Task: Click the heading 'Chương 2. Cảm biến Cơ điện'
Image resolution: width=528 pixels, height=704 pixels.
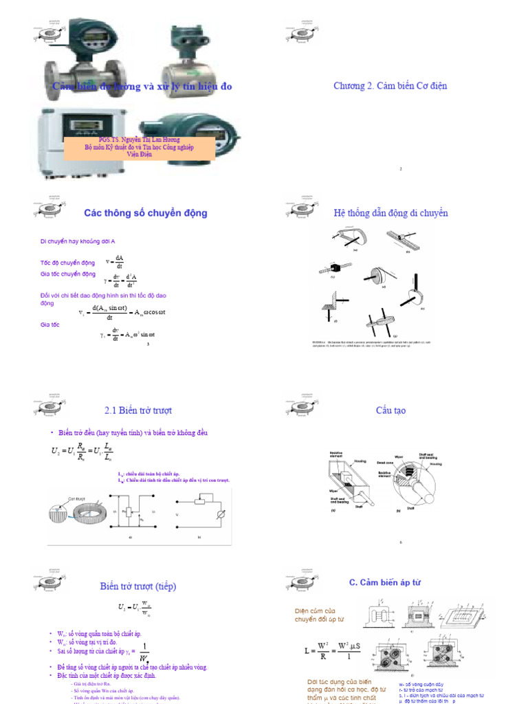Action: point(390,86)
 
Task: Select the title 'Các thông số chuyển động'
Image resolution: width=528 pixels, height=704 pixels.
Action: point(145,213)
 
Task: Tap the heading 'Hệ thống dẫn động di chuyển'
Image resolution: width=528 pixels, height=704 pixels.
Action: point(390,213)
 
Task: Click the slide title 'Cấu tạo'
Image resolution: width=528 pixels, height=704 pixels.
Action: point(390,410)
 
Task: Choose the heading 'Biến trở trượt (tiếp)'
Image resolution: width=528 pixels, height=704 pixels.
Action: point(138,586)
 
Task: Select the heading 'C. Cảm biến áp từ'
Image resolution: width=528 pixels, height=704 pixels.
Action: point(384,582)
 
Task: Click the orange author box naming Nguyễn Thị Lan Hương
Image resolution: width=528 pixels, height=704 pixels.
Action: point(140,146)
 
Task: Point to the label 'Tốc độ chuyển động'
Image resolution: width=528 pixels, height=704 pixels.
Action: point(67,263)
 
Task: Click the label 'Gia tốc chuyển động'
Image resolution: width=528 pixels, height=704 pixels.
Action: point(68,274)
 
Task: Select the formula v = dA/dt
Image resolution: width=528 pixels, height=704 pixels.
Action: point(115,262)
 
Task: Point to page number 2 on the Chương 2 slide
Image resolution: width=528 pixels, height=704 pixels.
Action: point(401,168)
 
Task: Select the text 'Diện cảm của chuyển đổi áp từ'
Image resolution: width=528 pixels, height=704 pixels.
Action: point(319,615)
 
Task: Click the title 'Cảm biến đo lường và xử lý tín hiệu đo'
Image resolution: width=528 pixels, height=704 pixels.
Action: point(142,86)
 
